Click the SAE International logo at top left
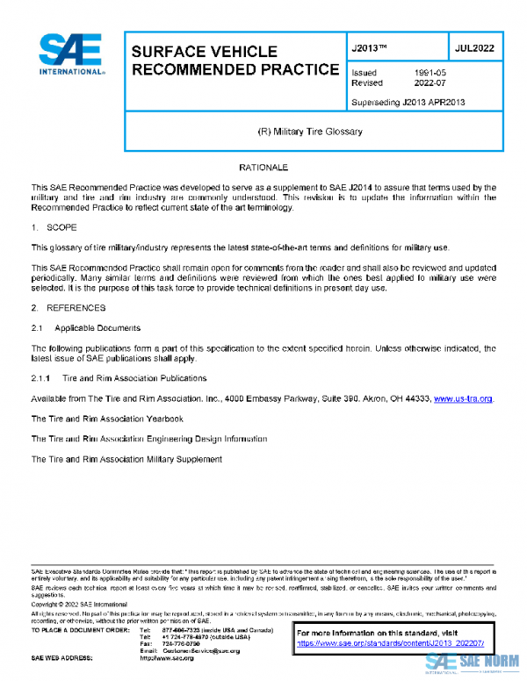[70, 55]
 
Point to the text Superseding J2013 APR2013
[408, 102]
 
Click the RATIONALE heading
[263, 167]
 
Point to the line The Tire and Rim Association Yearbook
[107, 419]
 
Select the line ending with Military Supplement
[126, 459]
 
